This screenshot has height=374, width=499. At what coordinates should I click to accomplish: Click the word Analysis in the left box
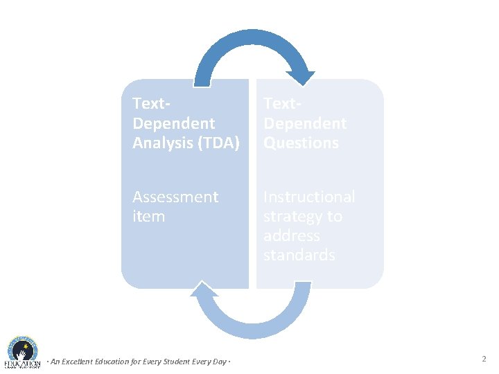(159, 143)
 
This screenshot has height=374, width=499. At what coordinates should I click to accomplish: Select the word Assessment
(175, 197)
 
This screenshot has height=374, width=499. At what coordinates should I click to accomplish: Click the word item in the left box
(148, 217)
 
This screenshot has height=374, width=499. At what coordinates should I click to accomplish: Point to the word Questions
(301, 143)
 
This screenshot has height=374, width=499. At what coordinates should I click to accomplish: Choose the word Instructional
(308, 197)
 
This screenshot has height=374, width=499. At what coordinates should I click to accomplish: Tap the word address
(291, 236)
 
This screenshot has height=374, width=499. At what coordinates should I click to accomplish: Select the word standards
(299, 256)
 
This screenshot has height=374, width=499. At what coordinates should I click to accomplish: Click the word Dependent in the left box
(173, 124)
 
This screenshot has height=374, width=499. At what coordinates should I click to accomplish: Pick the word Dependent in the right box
(304, 124)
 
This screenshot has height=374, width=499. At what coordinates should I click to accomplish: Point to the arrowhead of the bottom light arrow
(206, 292)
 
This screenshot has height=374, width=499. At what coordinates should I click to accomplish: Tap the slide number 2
(484, 359)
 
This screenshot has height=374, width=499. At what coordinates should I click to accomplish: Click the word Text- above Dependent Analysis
(151, 104)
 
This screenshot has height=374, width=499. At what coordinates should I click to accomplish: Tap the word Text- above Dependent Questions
(282, 104)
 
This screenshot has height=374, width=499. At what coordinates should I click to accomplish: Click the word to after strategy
(335, 217)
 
